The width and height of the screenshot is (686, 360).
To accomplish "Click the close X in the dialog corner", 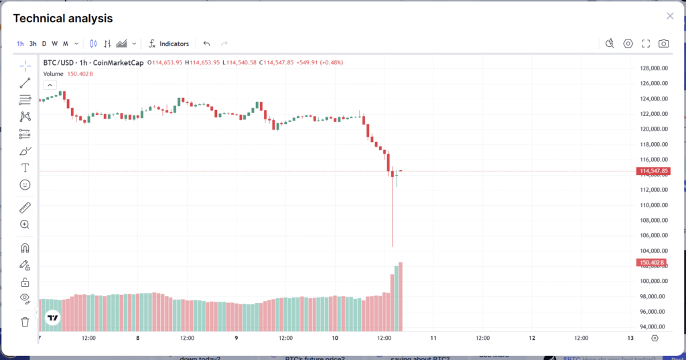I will pyautogui.click(x=670, y=16).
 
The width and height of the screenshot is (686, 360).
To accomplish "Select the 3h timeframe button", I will pyautogui.click(x=33, y=44).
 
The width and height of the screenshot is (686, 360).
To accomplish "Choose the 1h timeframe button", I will pyautogui.click(x=20, y=44).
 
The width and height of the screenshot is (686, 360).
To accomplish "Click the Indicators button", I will pyautogui.click(x=169, y=44).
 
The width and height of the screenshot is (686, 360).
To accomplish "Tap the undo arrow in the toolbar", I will pyautogui.click(x=206, y=44).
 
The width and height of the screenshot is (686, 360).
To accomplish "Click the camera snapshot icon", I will pyautogui.click(x=663, y=44).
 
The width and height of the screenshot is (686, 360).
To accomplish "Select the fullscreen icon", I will pyautogui.click(x=646, y=44).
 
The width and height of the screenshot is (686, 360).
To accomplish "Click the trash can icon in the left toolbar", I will pyautogui.click(x=25, y=322).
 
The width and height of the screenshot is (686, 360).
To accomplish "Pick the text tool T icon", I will pyautogui.click(x=25, y=167).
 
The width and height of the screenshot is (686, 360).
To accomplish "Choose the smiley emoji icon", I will pyautogui.click(x=25, y=184).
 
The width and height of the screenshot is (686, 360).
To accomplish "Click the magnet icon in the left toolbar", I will pyautogui.click(x=25, y=248).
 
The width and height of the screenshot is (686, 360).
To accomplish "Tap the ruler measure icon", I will pyautogui.click(x=25, y=207).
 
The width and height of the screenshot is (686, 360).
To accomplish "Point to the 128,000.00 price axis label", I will pyautogui.click(x=653, y=68).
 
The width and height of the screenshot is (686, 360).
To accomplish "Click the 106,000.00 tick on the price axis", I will pyautogui.click(x=653, y=235).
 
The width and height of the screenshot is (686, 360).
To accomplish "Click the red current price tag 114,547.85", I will pyautogui.click(x=654, y=172).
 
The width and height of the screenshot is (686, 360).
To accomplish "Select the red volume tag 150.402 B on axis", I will pyautogui.click(x=651, y=262).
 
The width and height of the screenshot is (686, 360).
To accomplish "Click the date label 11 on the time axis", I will pyautogui.click(x=433, y=338).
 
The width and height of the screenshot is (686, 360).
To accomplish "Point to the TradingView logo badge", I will pyautogui.click(x=52, y=318).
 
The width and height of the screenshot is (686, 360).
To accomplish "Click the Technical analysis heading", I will pyautogui.click(x=63, y=19).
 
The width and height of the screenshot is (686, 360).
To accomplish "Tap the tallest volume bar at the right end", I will pyautogui.click(x=401, y=295).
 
